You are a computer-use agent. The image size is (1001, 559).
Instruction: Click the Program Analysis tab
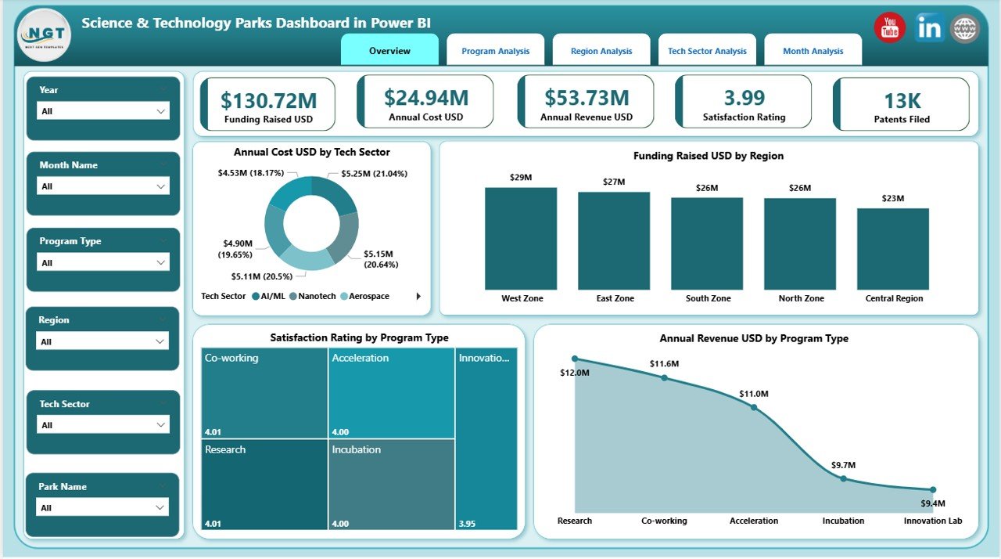[495, 51]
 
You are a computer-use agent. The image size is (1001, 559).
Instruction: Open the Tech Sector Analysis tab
[707, 51]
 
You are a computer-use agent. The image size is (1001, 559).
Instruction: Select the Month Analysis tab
[813, 51]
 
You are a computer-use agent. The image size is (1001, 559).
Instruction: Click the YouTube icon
[889, 28]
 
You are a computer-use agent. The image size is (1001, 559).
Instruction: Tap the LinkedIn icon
[929, 28]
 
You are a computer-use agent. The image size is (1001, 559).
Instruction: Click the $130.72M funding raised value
[268, 100]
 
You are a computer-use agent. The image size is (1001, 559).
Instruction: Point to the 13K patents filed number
[902, 100]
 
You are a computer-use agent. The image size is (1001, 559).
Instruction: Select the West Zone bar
[521, 239]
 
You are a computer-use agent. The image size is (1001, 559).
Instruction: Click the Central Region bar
[893, 249]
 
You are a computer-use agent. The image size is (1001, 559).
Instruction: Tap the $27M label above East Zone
[614, 182]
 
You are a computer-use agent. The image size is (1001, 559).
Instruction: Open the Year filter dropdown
[103, 111]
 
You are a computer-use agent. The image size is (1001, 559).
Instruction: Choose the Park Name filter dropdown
[103, 507]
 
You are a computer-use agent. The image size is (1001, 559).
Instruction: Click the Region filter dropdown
[103, 341]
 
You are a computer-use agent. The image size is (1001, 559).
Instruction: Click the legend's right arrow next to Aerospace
[418, 296]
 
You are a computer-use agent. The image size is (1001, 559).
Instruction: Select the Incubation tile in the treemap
[391, 484]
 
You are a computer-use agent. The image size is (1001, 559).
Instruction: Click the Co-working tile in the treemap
[264, 391]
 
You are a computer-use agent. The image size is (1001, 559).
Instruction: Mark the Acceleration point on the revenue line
[754, 407]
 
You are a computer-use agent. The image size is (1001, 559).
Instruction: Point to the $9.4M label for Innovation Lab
[932, 503]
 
